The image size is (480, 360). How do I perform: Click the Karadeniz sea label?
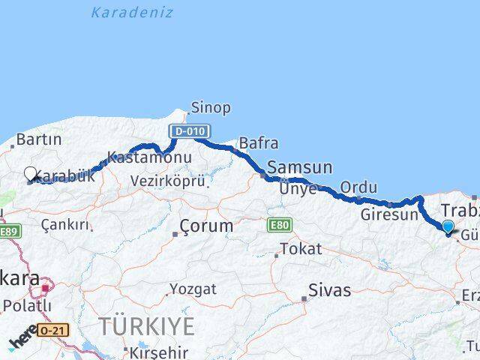coord(131,13)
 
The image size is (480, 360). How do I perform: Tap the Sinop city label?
coord(211,108)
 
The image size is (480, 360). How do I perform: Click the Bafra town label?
coord(259,142)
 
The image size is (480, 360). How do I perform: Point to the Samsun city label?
coord(300,168)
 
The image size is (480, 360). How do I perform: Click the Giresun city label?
coord(389,214)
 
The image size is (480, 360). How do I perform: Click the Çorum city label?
coord(206,225)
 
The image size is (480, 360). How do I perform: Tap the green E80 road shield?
coord(280,224)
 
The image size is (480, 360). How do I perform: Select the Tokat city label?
coord(300,248)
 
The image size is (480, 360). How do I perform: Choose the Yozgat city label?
coord(193,289)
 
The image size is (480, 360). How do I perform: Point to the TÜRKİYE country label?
coord(147,327)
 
